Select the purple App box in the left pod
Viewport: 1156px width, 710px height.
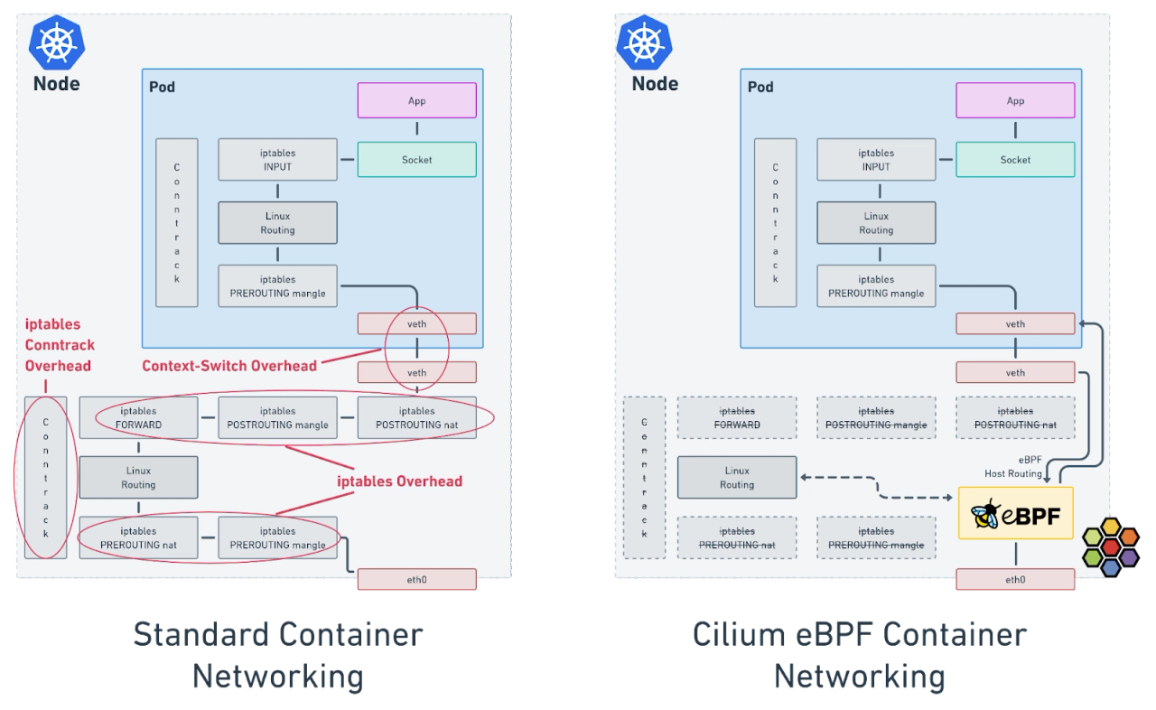pos(416,100)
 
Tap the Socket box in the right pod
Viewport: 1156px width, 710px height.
pos(1015,160)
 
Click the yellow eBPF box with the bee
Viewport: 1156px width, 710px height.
pos(1015,513)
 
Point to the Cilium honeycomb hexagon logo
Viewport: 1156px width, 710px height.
pos(1110,547)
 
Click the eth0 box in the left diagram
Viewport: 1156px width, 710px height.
pos(416,580)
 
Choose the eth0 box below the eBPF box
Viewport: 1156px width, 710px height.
pos(1015,580)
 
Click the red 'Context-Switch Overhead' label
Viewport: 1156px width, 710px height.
pos(229,366)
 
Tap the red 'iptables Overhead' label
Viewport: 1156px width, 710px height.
pos(399,481)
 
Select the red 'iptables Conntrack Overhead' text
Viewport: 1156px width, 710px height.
pos(60,345)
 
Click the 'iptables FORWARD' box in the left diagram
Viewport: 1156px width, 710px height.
pos(138,417)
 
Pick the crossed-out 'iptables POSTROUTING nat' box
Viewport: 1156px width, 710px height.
pos(1015,417)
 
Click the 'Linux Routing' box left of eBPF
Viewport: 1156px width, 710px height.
pos(737,477)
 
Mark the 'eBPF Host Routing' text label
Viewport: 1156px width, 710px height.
pos(1013,467)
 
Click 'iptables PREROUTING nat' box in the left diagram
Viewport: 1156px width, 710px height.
pos(138,537)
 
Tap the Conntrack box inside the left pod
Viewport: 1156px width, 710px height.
pos(176,222)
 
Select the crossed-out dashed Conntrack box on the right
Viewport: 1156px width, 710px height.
pos(644,477)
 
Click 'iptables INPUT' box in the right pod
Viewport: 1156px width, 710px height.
pos(875,160)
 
